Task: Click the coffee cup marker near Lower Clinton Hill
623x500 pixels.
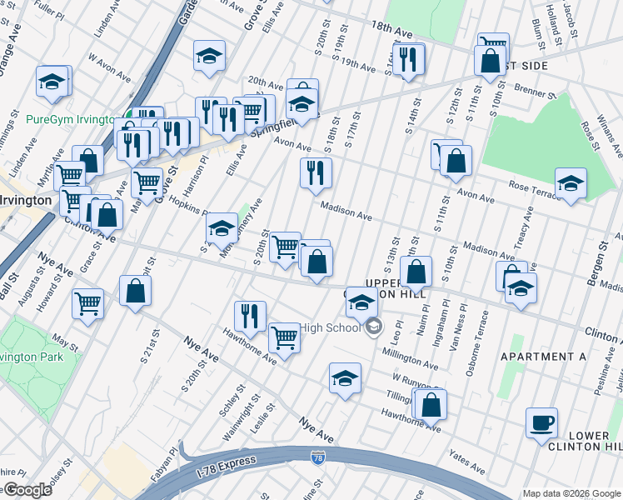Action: [x=541, y=422]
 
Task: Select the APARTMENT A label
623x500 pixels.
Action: [x=543, y=357]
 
